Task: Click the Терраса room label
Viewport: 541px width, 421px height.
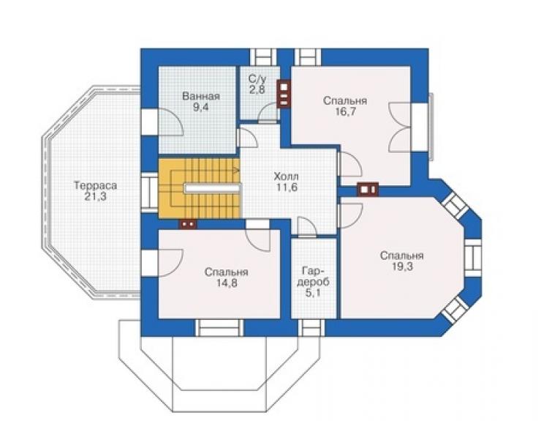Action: (96, 186)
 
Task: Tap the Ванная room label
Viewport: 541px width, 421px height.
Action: (201, 96)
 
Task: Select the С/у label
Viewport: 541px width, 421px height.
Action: (257, 78)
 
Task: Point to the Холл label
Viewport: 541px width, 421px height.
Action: (287, 177)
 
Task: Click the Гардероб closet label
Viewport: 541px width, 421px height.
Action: (313, 276)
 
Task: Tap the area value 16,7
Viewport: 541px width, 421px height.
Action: (344, 111)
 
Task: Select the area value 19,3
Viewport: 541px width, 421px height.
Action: (402, 267)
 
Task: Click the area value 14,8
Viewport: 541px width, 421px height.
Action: (227, 283)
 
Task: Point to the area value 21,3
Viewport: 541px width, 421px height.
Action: (95, 197)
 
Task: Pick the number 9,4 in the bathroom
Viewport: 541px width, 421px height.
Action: (201, 107)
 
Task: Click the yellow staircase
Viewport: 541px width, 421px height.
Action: (200, 188)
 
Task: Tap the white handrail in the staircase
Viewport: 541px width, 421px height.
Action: (212, 188)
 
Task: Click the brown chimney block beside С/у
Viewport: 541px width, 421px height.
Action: (284, 94)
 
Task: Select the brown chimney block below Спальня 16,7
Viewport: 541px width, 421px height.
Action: (368, 190)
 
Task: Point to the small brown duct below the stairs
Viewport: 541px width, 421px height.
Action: (188, 224)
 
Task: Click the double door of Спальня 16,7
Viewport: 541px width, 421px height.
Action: (401, 127)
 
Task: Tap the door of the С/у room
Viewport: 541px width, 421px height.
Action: (269, 113)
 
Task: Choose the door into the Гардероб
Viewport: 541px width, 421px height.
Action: (307, 227)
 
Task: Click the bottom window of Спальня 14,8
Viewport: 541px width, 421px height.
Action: (219, 328)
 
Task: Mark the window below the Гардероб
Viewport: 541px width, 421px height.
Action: (311, 328)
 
